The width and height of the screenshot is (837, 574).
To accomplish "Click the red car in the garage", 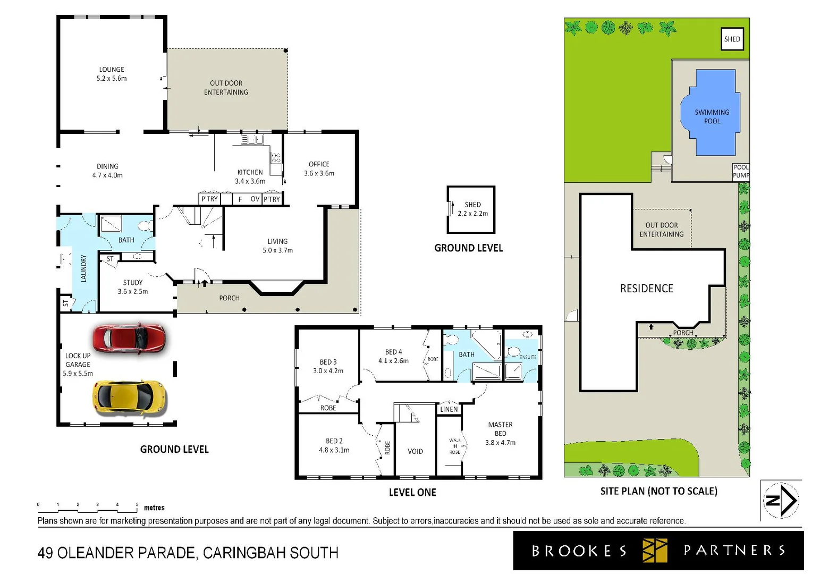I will [x=129, y=338].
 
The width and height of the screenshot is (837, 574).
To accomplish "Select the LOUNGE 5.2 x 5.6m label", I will [x=112, y=74].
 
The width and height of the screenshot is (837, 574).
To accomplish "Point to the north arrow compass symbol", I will [x=781, y=500].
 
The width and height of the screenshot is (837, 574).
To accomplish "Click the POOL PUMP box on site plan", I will [x=741, y=171].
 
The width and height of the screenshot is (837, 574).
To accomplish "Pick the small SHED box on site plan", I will [x=732, y=39].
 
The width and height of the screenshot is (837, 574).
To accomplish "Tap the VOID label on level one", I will [x=415, y=451].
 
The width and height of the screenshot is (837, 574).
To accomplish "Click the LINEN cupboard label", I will [x=449, y=409].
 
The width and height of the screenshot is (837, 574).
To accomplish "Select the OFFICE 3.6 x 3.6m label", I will [x=319, y=168].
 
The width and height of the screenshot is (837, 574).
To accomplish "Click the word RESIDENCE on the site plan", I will [x=646, y=288].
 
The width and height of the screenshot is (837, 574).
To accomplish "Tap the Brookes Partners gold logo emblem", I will [x=654, y=550].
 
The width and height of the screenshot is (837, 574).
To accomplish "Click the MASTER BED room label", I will [x=500, y=433].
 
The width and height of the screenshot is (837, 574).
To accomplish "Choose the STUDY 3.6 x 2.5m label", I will [x=133, y=287].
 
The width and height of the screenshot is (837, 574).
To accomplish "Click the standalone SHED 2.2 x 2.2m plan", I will [x=471, y=209].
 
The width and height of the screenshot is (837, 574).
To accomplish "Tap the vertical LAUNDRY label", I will [x=83, y=268].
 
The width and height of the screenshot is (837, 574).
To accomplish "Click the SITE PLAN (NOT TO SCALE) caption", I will [x=658, y=491].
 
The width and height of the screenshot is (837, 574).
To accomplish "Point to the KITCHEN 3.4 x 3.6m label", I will [x=250, y=176].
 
